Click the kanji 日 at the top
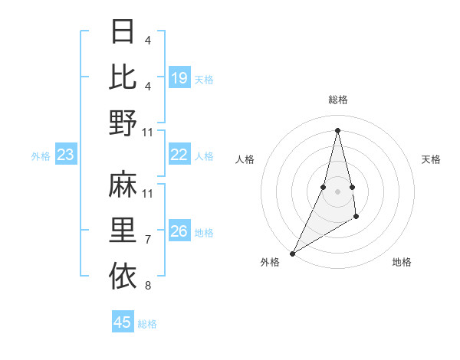click(x=123, y=31)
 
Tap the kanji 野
click(x=123, y=122)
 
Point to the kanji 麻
click(x=123, y=185)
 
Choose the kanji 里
click(x=123, y=229)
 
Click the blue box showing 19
click(x=179, y=78)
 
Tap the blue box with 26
click(x=179, y=231)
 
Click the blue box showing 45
click(x=123, y=322)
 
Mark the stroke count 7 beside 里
click(x=148, y=240)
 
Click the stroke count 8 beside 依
click(x=148, y=286)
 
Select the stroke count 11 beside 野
click(x=148, y=133)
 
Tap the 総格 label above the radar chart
click(x=337, y=100)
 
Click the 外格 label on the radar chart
click(x=270, y=263)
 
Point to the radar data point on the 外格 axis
click(x=292, y=253)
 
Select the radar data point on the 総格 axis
click(x=337, y=129)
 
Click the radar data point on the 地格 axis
click(x=356, y=218)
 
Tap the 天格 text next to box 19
click(x=204, y=79)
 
